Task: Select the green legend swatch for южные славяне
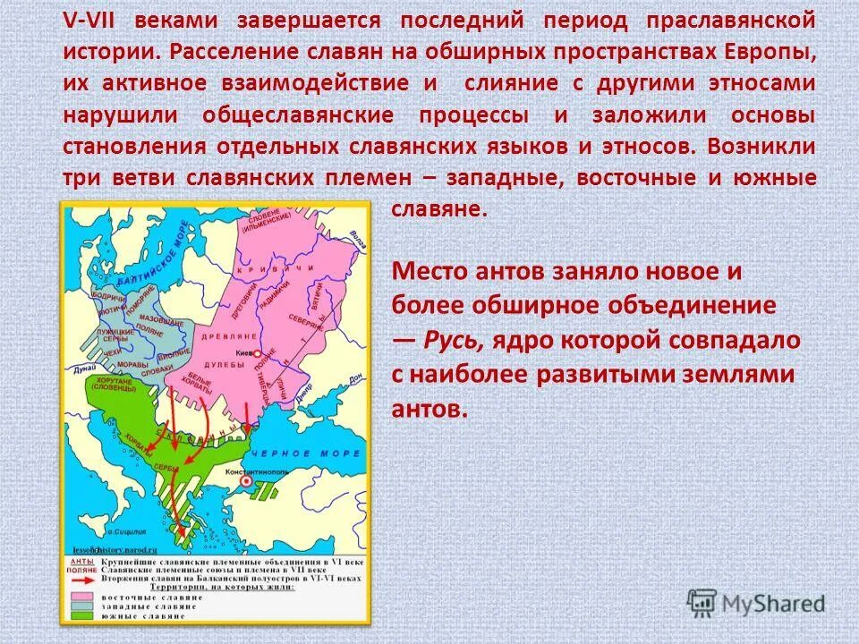coord(81,617)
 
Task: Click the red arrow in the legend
coord(81,579)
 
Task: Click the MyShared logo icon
coord(702,602)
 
